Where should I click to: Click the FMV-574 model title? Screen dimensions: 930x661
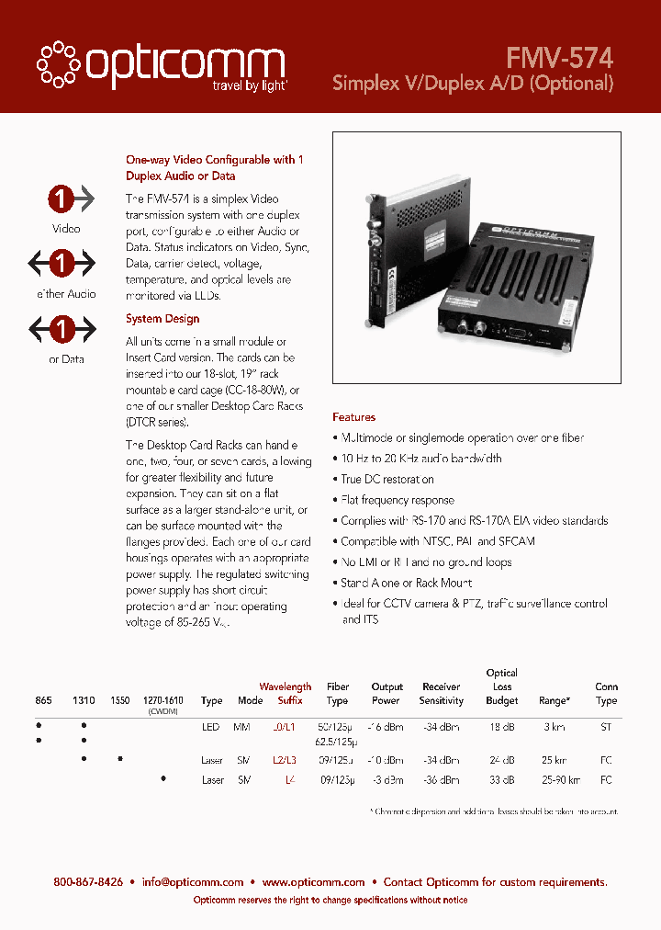click(558, 58)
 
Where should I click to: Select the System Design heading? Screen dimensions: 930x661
click(162, 319)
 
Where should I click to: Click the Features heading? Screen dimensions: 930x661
click(353, 417)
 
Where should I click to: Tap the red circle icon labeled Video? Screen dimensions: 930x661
click(62, 198)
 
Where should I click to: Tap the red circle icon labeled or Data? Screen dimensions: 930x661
click(62, 328)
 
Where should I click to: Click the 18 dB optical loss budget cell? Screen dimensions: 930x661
click(501, 726)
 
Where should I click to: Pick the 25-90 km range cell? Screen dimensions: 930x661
click(553, 779)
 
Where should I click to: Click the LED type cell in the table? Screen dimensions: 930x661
click(211, 726)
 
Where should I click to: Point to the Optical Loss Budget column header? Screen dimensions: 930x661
click(501, 686)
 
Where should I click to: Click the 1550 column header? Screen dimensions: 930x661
click(119, 700)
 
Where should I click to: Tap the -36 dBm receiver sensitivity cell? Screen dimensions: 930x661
click(441, 779)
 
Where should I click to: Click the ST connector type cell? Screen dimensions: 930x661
click(606, 726)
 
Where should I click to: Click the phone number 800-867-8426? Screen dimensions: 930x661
click(88, 881)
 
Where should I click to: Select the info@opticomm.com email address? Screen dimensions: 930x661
click(192, 881)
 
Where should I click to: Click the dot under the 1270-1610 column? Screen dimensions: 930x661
click(163, 778)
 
